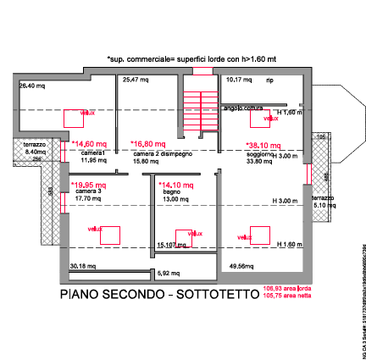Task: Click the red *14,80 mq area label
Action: pyautogui.click(x=88, y=144)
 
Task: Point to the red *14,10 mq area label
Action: pyautogui.click(x=177, y=185)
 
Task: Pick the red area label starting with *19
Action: pyautogui.click(x=89, y=185)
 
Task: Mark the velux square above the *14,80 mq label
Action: pyautogui.click(x=87, y=114)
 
